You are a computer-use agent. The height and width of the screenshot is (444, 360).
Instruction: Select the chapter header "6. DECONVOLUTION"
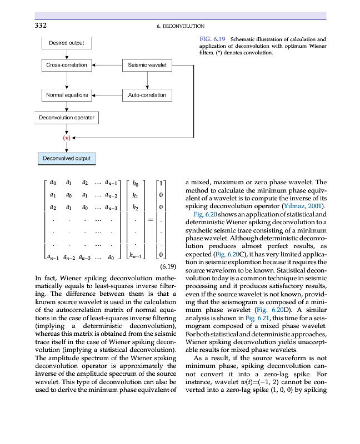click(x=178, y=26)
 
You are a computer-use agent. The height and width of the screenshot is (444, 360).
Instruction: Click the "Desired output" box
click(x=67, y=43)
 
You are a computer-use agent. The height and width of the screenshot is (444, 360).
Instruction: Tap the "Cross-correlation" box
click(x=67, y=65)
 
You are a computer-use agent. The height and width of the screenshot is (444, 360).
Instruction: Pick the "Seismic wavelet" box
click(x=147, y=65)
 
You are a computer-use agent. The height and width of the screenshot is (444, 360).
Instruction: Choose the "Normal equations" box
click(x=67, y=95)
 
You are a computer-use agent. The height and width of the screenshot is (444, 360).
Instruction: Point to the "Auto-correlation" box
click(x=147, y=95)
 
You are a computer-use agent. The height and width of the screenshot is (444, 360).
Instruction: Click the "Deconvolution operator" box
click(x=67, y=118)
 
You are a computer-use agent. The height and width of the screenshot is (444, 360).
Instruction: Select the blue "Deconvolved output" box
click(x=67, y=158)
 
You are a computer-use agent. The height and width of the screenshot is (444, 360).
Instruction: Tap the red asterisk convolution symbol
click(x=67, y=138)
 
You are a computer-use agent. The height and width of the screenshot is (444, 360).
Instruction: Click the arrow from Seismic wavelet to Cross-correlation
click(x=107, y=65)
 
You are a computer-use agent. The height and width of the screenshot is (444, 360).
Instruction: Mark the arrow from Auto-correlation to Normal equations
click(x=107, y=95)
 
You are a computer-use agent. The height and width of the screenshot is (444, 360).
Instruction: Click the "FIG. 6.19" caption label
click(x=211, y=39)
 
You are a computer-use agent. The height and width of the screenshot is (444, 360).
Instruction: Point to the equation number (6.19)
click(x=167, y=267)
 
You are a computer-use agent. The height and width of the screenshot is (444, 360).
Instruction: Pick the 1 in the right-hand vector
click(x=161, y=182)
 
